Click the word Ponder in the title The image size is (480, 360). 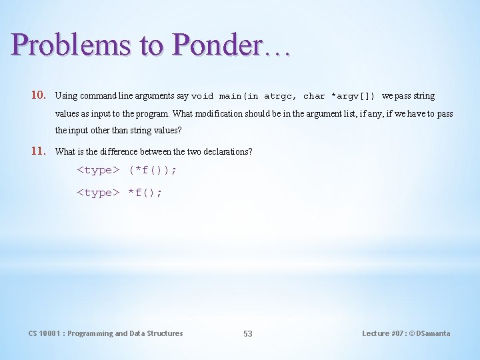point(216,45)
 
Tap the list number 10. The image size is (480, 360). point(38,95)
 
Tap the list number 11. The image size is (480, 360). point(38,151)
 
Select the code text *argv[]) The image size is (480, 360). point(353,96)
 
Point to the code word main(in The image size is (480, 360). point(239,96)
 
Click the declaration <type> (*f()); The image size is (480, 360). point(127,170)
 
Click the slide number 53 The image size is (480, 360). point(247,333)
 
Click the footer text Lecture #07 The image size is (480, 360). point(385,333)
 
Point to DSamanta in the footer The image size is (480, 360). point(433,333)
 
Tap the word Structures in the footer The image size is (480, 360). point(165,333)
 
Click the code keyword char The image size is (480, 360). point(315,96)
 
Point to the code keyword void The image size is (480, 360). point(203,96)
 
